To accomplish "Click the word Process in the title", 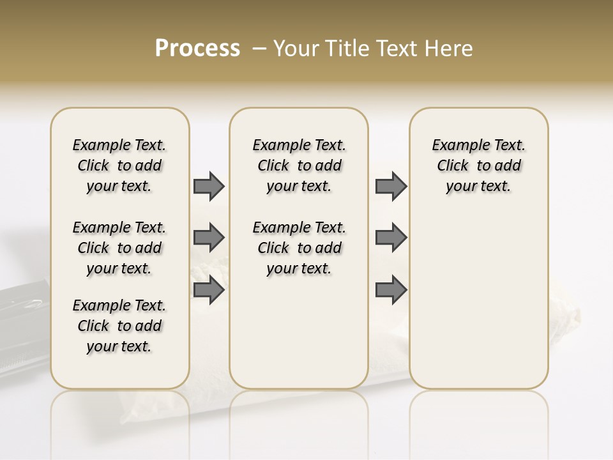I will pyautogui.click(x=197, y=49).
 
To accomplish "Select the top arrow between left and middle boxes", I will pyautogui.click(x=209, y=186).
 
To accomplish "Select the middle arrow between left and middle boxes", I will pyautogui.click(x=209, y=238).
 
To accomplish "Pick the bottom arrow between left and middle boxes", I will pyautogui.click(x=209, y=290).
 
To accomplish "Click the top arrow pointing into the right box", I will pyautogui.click(x=391, y=186).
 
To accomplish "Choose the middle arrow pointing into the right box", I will pyautogui.click(x=391, y=238).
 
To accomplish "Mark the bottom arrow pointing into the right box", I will pyautogui.click(x=391, y=290).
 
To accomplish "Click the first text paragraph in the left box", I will pyautogui.click(x=119, y=165).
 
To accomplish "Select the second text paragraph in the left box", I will pyautogui.click(x=119, y=248).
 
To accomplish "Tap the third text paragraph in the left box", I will pyautogui.click(x=119, y=326).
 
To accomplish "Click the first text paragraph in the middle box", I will pyautogui.click(x=299, y=165).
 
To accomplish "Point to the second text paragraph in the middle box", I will pyautogui.click(x=299, y=248).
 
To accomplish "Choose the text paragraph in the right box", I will pyautogui.click(x=478, y=165).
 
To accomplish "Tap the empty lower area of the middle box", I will pyautogui.click(x=299, y=332).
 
